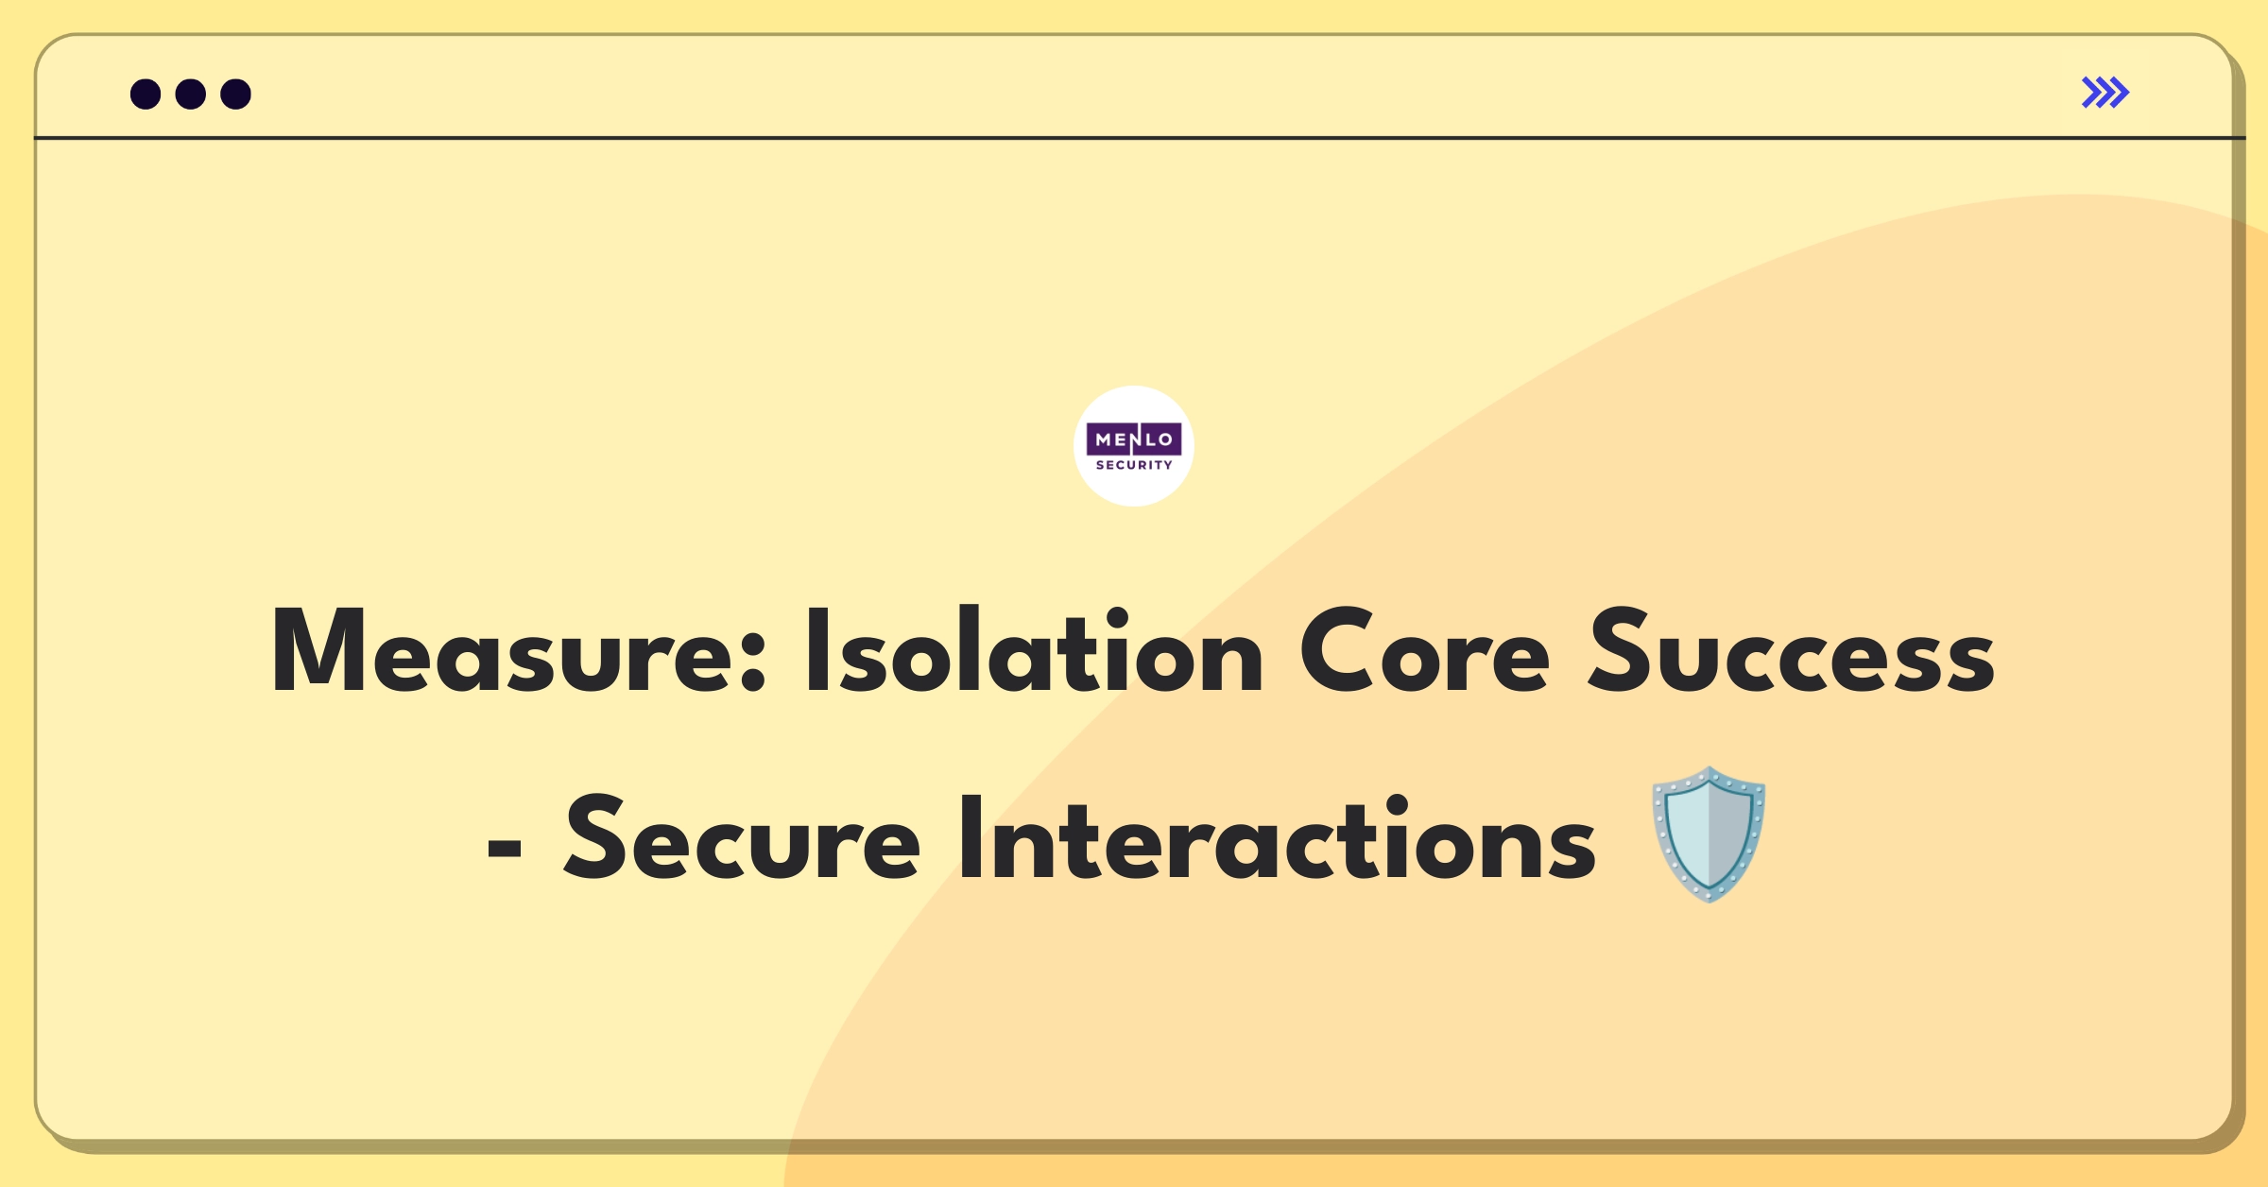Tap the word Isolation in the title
coord(1034,649)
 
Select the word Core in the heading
coord(1425,649)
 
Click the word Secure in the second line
coord(742,837)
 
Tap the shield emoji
coord(1709,834)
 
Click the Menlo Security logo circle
coord(1134,446)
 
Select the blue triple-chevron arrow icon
coord(2105,93)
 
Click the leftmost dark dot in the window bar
coord(146,94)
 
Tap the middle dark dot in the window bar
coord(191,94)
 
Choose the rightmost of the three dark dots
coord(236,94)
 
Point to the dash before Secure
coord(505,848)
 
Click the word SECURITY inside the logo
coord(1134,465)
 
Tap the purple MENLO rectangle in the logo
coord(1134,439)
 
